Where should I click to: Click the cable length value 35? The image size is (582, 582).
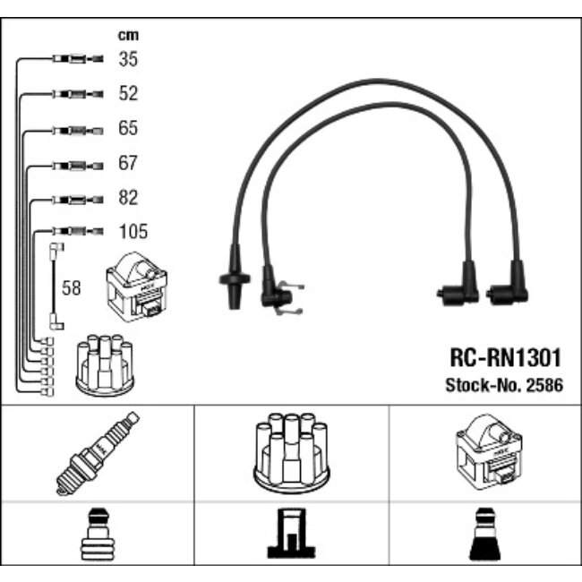point(129,59)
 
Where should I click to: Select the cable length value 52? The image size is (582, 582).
point(129,93)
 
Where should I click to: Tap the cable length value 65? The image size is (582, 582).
point(129,128)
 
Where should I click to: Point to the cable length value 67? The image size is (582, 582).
point(129,163)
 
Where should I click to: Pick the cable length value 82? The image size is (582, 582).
point(129,197)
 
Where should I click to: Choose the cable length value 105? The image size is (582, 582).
point(133,232)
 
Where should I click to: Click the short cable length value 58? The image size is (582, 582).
point(71,288)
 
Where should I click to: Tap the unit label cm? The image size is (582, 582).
point(128,36)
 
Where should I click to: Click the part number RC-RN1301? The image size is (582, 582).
point(504,358)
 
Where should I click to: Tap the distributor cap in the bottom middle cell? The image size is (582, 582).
point(292,453)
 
